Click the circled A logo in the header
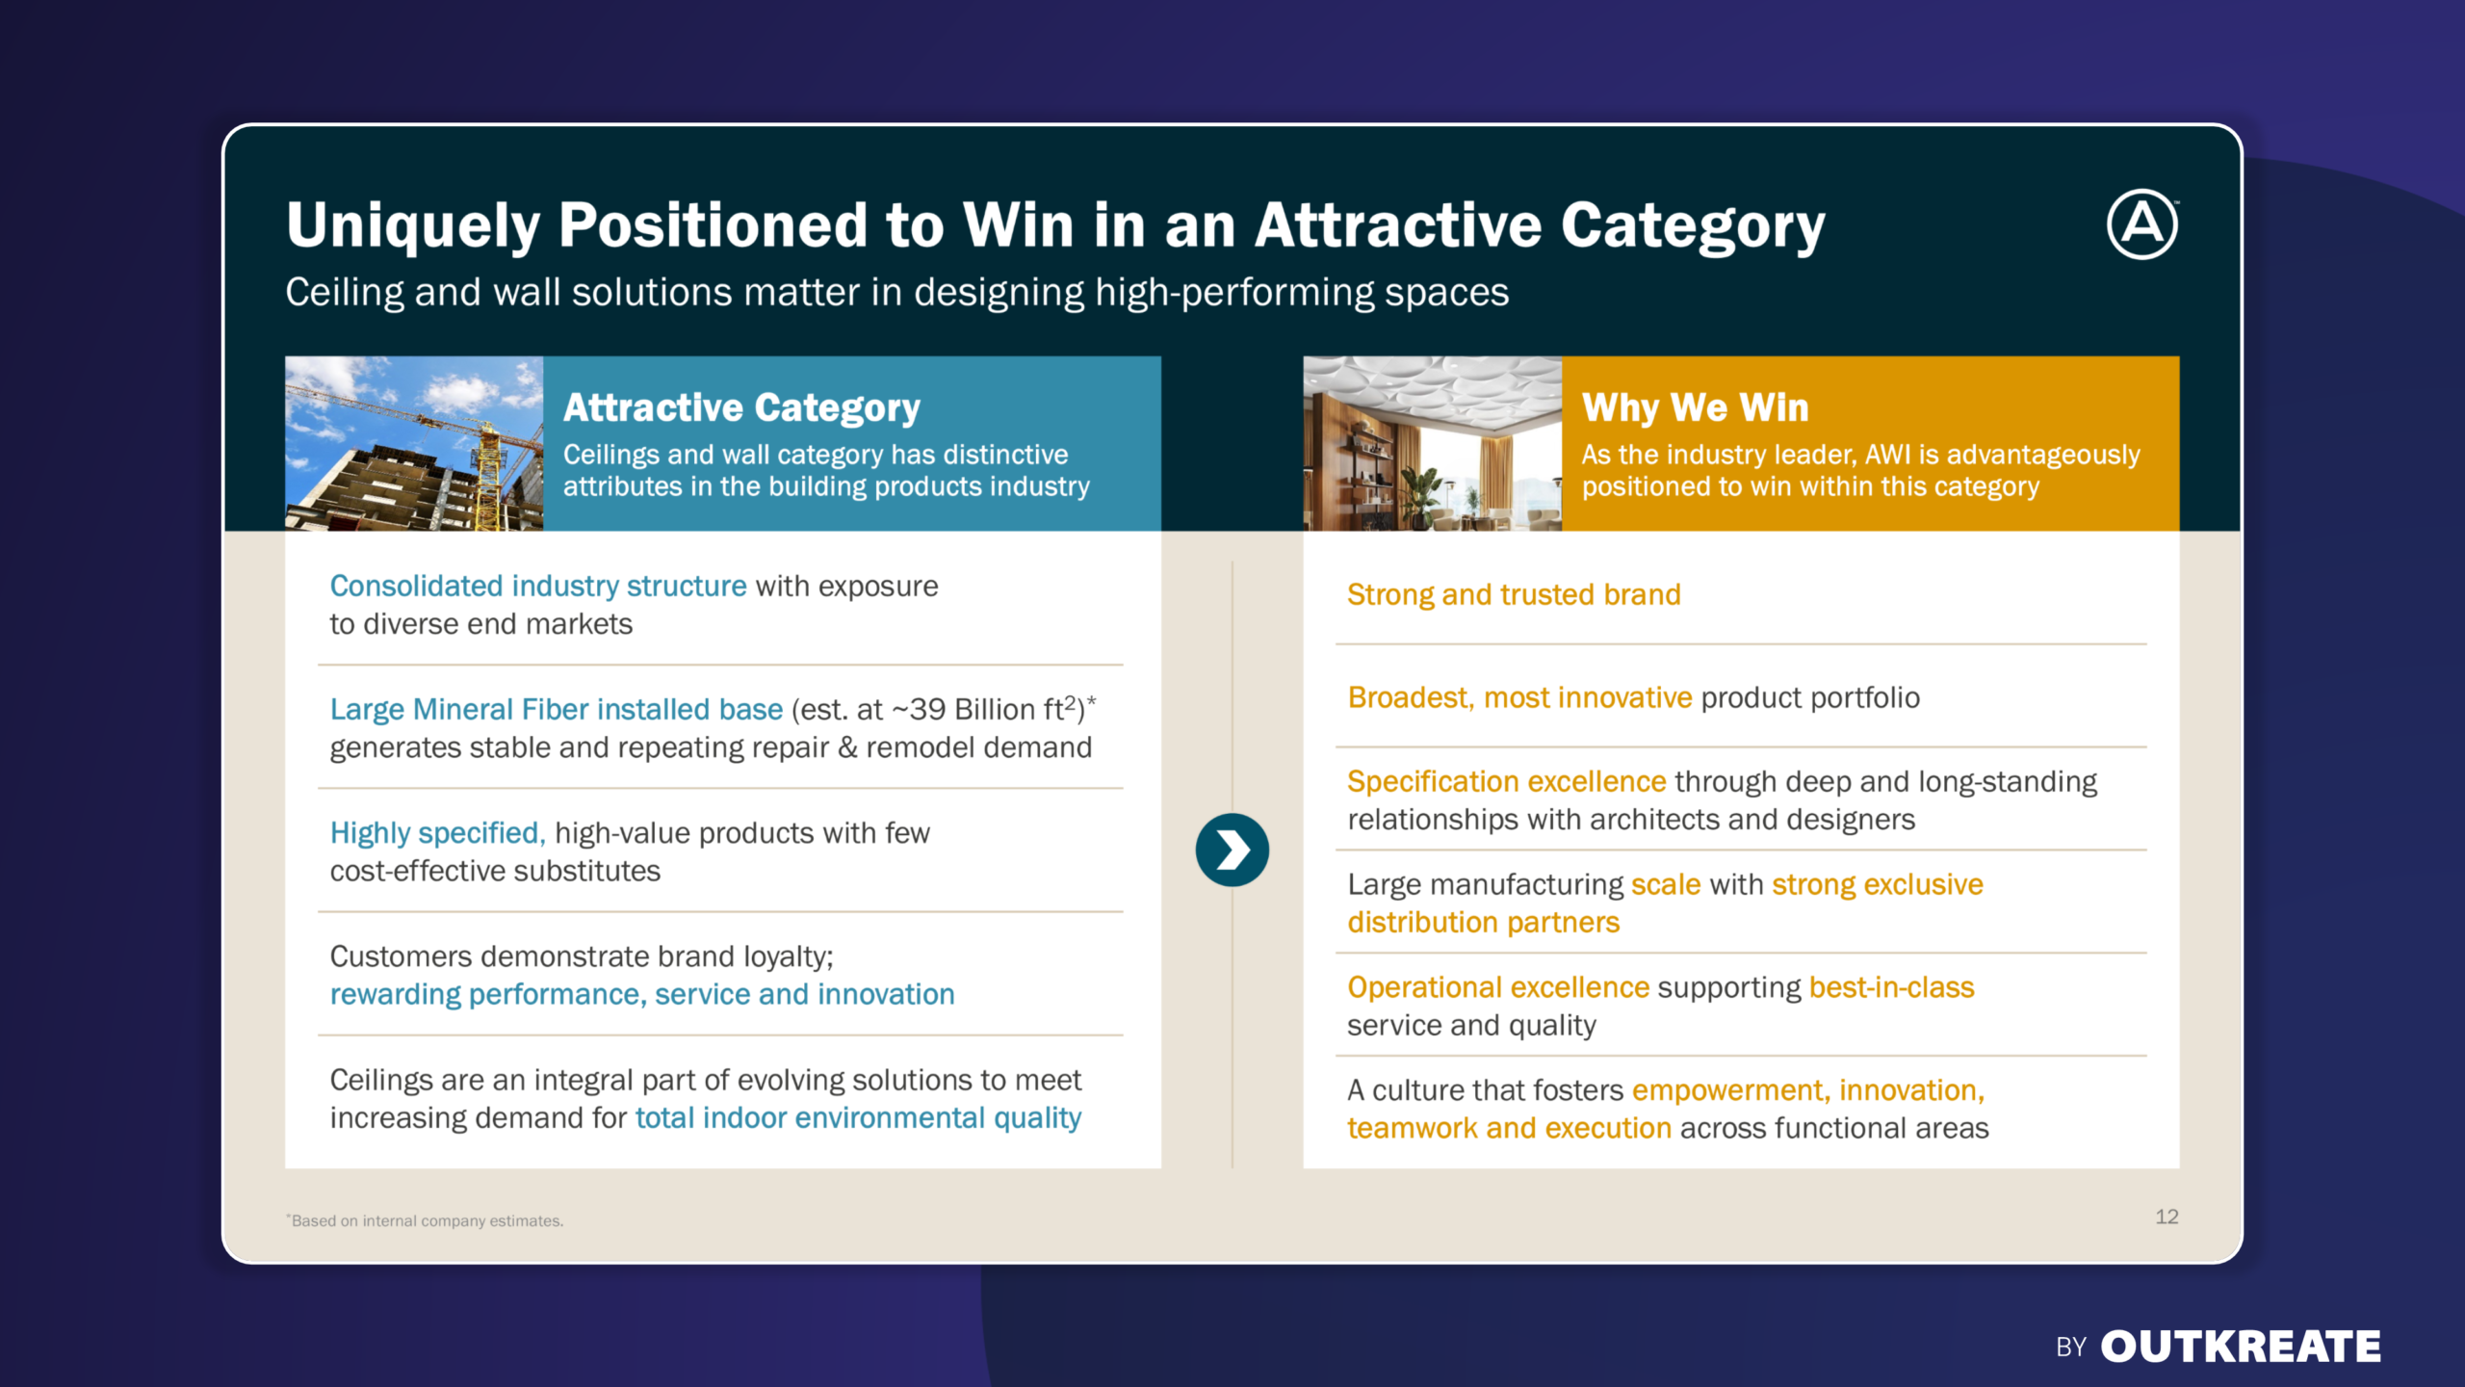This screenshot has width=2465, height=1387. pyautogui.click(x=2142, y=224)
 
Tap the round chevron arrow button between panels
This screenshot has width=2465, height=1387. pyautogui.click(x=1232, y=850)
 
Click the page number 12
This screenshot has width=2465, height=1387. pyautogui.click(x=2167, y=1217)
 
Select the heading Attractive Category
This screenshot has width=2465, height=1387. pyautogui.click(x=741, y=408)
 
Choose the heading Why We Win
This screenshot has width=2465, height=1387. pyautogui.click(x=1696, y=407)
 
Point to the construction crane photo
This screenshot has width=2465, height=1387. pyautogui.click(x=414, y=443)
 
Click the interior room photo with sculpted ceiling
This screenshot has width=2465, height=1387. pyautogui.click(x=1433, y=443)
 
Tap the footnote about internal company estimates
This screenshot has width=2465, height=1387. pyautogui.click(x=425, y=1220)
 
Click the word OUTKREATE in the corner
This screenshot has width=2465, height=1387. pyautogui.click(x=2241, y=1347)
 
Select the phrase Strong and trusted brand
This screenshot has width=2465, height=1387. pyautogui.click(x=1514, y=594)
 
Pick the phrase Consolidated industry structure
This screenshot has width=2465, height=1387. pyautogui.click(x=538, y=586)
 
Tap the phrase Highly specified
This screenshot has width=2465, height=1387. pyautogui.click(x=438, y=833)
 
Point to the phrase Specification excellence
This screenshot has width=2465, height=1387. pyautogui.click(x=1507, y=781)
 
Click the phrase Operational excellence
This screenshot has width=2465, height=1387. pyautogui.click(x=1498, y=987)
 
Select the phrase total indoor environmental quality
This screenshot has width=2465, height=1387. pyautogui.click(x=859, y=1118)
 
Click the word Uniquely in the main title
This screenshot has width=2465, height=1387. pyautogui.click(x=413, y=226)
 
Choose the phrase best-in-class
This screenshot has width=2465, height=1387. pyautogui.click(x=1892, y=987)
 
